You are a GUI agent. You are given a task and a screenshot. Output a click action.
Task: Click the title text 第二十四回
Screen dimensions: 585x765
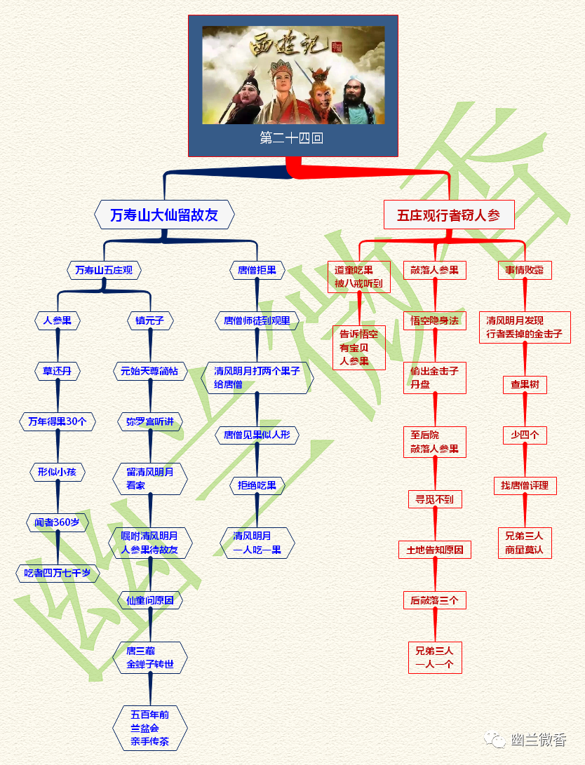[292, 138]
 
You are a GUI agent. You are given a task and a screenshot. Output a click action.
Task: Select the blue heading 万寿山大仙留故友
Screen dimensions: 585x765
[164, 215]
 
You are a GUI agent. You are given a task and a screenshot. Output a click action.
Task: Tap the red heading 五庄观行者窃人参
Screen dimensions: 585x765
[449, 215]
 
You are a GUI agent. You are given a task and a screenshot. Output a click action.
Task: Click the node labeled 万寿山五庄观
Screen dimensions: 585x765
[105, 269]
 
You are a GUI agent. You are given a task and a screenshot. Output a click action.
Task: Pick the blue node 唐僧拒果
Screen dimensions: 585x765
[257, 269]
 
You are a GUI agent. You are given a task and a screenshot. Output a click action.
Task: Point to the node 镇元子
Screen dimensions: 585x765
[150, 320]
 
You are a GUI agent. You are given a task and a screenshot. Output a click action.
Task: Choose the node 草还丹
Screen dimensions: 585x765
[58, 371]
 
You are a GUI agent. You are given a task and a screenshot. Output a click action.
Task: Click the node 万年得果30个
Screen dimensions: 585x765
[58, 421]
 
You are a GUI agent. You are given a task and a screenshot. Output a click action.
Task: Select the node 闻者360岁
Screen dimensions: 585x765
[58, 522]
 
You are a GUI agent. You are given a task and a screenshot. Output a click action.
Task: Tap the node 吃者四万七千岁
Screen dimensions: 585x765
[58, 573]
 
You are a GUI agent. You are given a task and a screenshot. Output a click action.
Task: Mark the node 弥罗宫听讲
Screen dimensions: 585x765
[150, 421]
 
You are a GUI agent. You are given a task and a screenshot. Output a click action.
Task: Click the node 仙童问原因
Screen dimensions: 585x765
[150, 600]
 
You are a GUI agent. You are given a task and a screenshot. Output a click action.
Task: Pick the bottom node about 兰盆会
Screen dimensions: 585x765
[150, 728]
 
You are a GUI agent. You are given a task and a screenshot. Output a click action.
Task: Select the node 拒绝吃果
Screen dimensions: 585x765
[257, 485]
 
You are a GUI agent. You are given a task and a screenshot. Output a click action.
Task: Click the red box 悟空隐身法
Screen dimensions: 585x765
[435, 320]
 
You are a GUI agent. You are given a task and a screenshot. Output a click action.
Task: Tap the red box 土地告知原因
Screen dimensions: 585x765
[435, 550]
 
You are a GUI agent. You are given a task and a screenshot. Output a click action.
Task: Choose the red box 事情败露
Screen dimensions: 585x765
[525, 270]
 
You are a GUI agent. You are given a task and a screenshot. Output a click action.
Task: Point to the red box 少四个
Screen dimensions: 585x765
[525, 435]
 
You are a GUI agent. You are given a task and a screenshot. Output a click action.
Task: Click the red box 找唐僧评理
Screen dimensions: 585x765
[525, 485]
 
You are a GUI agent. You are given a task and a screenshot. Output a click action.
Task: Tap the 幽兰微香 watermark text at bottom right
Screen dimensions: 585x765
[539, 740]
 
